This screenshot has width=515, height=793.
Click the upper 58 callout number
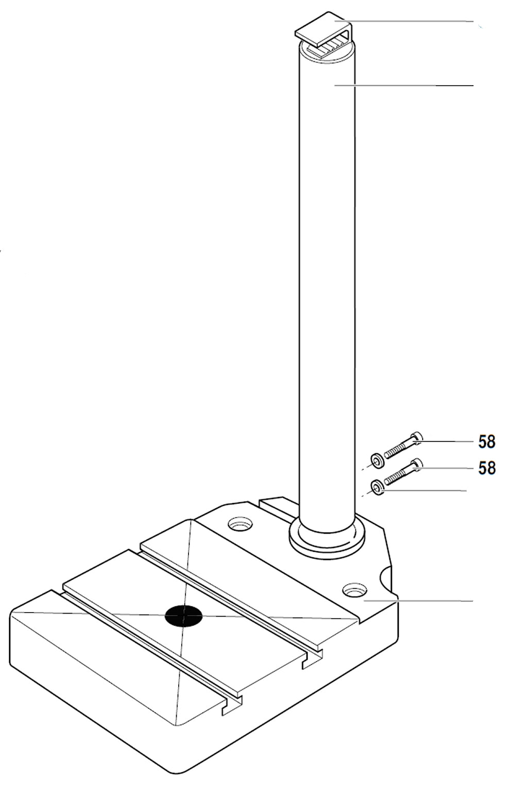tap(487, 442)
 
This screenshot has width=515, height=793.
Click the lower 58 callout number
tap(487, 468)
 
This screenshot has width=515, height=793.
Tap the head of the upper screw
tap(417, 438)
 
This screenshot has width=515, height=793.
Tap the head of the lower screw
tap(417, 464)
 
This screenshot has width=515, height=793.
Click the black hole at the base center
tap(183, 616)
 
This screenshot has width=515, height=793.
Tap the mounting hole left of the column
tap(241, 525)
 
